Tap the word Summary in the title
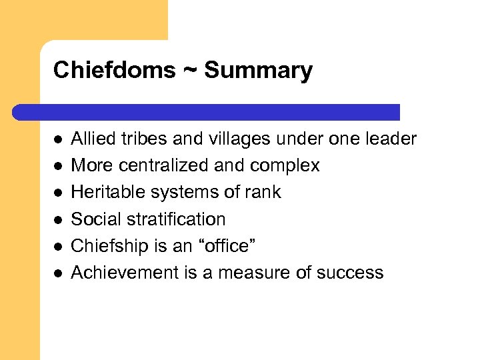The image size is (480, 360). click(x=258, y=70)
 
